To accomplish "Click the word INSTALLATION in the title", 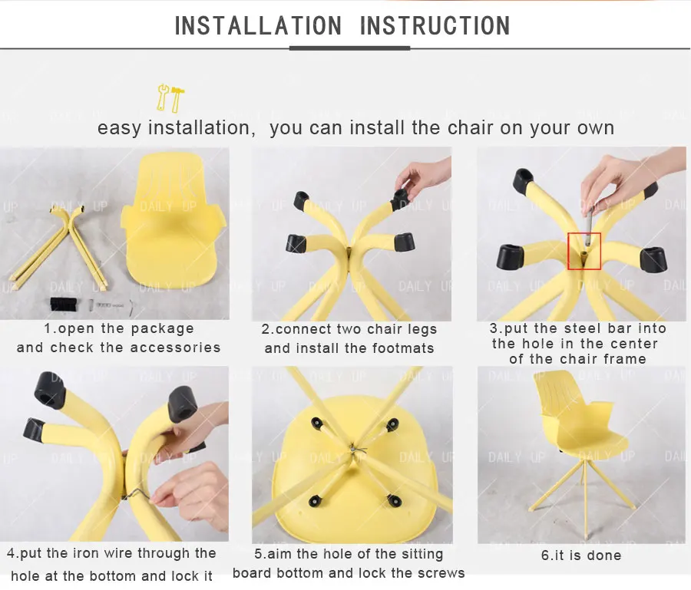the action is click(258, 25).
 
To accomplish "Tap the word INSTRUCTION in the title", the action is click(435, 25).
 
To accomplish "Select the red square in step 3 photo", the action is click(584, 251).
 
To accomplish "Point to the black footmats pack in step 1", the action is click(64, 305).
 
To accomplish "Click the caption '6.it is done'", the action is click(581, 555).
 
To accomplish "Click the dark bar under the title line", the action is click(349, 48).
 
